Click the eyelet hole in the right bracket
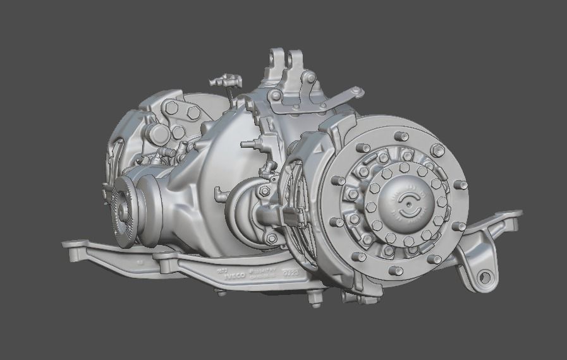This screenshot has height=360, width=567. coord(484,276)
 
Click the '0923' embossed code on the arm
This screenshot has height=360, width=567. coord(291,273)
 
